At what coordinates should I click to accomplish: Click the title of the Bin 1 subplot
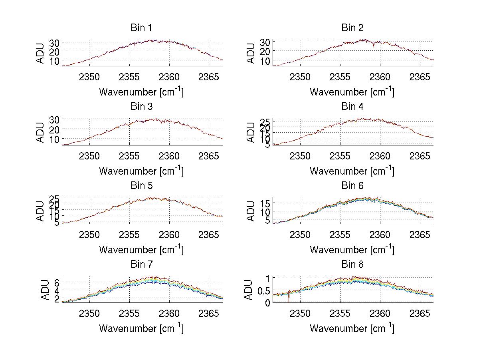pyautogui.click(x=141, y=28)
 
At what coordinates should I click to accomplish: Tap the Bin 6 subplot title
pyautogui.click(x=352, y=186)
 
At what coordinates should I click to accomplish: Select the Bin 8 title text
pyautogui.click(x=352, y=265)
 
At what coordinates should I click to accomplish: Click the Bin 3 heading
pyautogui.click(x=141, y=107)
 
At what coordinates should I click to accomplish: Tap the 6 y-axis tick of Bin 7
pyautogui.click(x=57, y=282)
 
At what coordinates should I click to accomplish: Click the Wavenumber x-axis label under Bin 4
pyautogui.click(x=352, y=171)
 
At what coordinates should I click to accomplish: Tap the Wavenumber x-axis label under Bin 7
pyautogui.click(x=141, y=328)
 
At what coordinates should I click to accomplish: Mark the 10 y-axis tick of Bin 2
pyautogui.click(x=265, y=61)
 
